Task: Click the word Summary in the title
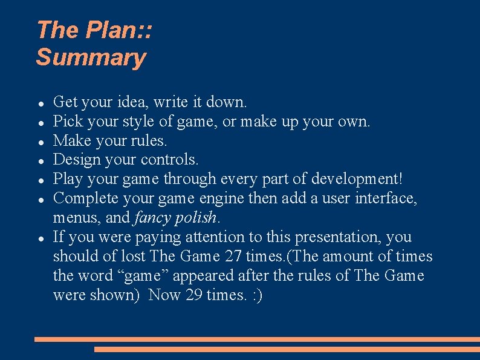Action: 91,58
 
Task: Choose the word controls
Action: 169,160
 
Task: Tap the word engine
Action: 221,198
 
